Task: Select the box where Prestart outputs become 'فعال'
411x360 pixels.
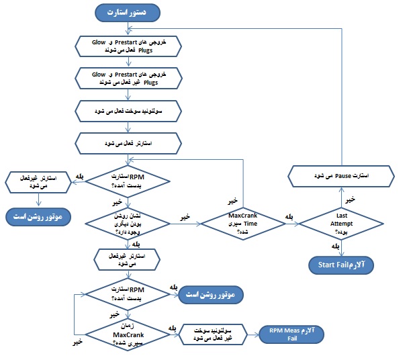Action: tap(128, 44)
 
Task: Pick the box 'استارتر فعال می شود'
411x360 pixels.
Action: tap(128, 142)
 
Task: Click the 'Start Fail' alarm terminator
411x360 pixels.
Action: tap(341, 264)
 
